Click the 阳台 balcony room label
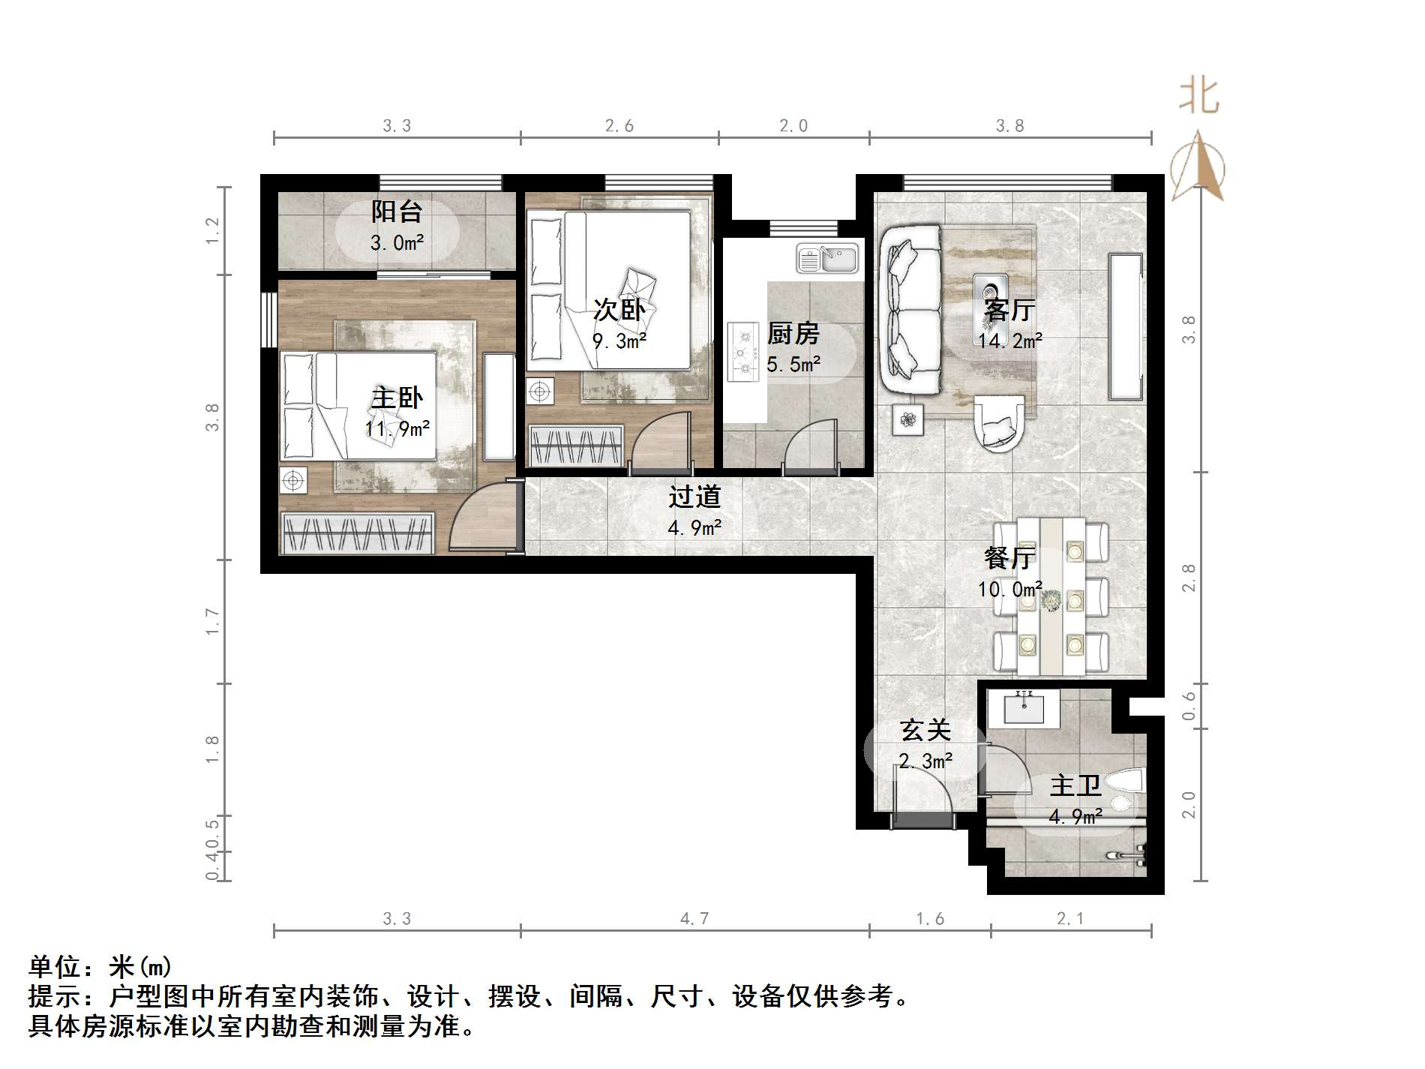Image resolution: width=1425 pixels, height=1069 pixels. click(x=397, y=212)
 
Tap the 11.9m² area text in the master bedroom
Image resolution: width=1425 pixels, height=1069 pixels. click(x=397, y=429)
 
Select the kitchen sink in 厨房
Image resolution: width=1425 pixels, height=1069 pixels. click(x=827, y=259)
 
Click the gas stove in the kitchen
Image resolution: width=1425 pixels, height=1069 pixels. click(x=743, y=351)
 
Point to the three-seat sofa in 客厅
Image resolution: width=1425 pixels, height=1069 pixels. click(x=910, y=310)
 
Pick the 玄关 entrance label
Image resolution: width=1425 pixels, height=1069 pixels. click(x=925, y=730)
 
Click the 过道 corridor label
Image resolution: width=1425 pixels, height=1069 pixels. click(x=694, y=497)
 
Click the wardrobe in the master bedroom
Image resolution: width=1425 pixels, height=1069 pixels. click(x=358, y=533)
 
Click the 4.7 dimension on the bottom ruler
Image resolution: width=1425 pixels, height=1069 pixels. click(x=694, y=918)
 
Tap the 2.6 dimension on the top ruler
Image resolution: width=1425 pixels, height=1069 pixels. click(x=619, y=126)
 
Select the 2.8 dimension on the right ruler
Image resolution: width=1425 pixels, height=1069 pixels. click(x=1189, y=578)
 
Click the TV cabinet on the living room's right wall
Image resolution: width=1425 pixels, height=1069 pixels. click(x=1126, y=326)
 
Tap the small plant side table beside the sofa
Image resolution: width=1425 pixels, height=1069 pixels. click(x=909, y=420)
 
